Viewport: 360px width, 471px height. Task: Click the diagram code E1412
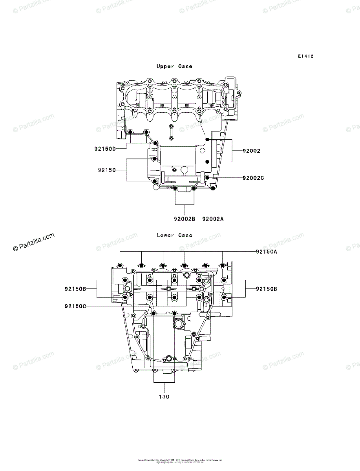point(305,57)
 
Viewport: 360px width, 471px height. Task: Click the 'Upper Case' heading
point(174,66)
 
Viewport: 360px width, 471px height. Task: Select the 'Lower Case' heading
point(174,235)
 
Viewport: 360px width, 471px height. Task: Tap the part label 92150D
point(105,149)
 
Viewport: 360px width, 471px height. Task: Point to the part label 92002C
point(253,178)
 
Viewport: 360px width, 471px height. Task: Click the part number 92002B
point(184,219)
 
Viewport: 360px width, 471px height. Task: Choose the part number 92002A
point(213,219)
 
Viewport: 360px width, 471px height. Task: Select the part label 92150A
point(266,252)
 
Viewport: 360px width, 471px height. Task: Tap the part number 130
point(164,397)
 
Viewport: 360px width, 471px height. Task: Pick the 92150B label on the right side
point(266,289)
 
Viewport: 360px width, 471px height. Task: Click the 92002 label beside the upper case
point(251,151)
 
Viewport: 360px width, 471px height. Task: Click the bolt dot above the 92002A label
point(213,189)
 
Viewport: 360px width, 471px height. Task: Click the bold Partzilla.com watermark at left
point(33,243)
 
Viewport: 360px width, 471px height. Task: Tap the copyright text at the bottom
point(180,460)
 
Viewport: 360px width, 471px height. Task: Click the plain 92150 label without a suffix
point(107,170)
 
